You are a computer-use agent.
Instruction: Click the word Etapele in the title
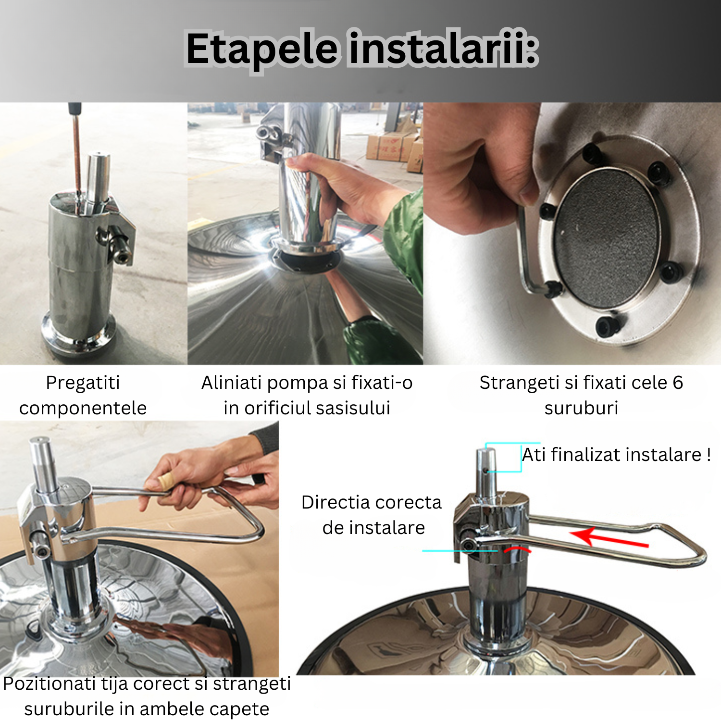(262, 49)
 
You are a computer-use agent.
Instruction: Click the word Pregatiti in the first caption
(83, 383)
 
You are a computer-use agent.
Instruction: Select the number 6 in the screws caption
(677, 383)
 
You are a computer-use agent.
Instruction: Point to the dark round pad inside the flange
(607, 238)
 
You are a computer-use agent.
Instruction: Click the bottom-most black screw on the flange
(607, 327)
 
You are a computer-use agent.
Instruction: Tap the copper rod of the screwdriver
(76, 154)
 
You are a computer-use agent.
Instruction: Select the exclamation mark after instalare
(709, 455)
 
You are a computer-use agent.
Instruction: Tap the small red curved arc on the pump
(517, 549)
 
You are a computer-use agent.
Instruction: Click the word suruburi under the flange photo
(581, 408)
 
